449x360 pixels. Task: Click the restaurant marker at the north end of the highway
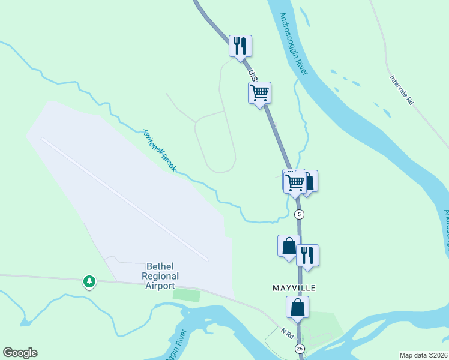pos(240,46)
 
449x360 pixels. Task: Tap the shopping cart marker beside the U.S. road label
pos(259,93)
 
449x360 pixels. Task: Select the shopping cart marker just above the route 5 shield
pos(294,182)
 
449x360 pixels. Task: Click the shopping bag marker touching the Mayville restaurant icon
pos(289,245)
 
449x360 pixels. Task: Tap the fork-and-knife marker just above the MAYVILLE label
pos(307,255)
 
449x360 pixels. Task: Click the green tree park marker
pos(89,281)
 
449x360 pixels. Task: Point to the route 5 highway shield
pos(300,214)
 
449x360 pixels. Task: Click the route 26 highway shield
pos(299,349)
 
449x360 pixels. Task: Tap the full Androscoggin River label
pos(294,43)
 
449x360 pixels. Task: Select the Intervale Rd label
pos(402,90)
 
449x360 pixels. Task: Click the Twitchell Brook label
pos(160,150)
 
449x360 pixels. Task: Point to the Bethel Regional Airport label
pos(160,276)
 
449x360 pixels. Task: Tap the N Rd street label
pos(286,332)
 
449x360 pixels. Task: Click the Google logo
pos(20,353)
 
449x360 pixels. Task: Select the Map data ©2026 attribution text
pos(424,355)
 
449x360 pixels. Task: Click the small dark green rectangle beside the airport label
pos(186,295)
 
